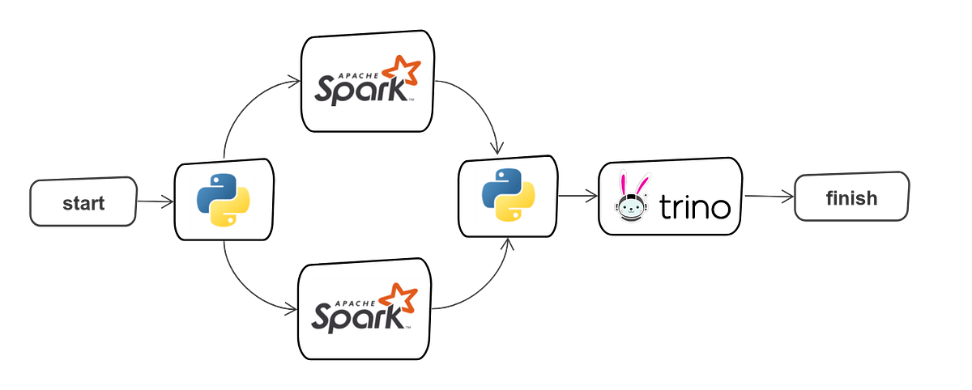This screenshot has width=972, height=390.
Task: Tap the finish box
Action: point(853,197)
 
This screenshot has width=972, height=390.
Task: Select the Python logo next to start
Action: point(223,199)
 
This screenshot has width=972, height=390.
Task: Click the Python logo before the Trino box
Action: point(508,195)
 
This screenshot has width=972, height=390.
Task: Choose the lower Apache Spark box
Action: point(366,309)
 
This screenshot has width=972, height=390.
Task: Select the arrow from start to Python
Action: point(154,201)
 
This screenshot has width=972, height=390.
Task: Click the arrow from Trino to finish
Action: point(767,197)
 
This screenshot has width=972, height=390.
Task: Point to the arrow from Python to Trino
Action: point(577,195)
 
